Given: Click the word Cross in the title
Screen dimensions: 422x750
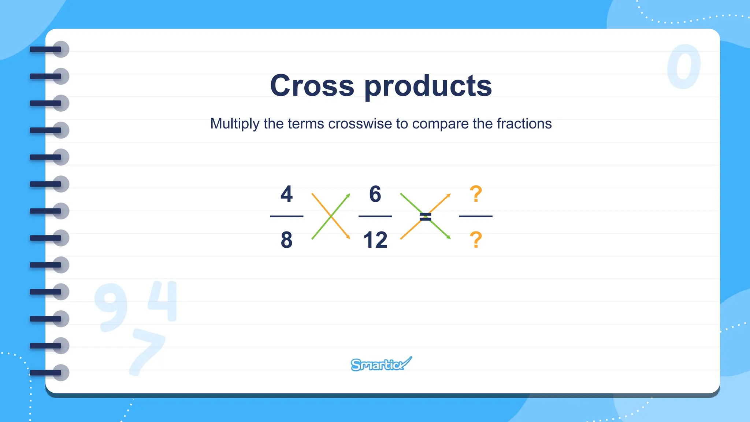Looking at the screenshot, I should pyautogui.click(x=312, y=85).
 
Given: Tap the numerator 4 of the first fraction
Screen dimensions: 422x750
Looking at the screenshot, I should pyautogui.click(x=286, y=194).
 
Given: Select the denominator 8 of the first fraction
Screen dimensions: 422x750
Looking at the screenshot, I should pyautogui.click(x=286, y=240).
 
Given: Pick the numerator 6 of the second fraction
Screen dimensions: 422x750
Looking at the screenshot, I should pyautogui.click(x=375, y=194).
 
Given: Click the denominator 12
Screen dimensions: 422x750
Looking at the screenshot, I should pyautogui.click(x=375, y=240).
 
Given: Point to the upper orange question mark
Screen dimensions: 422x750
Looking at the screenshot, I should pyautogui.click(x=476, y=194).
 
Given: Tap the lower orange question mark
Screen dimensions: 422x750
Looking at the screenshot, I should pyautogui.click(x=476, y=240).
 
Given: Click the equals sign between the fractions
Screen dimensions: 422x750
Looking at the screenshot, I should pyautogui.click(x=425, y=216).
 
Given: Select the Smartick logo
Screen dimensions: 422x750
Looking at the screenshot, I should pyautogui.click(x=380, y=364).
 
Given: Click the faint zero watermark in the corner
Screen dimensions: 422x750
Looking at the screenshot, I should pyautogui.click(x=683, y=66).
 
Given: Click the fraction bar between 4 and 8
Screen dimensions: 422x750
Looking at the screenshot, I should pyautogui.click(x=286, y=216).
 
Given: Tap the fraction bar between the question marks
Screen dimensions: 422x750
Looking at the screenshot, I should pyautogui.click(x=476, y=216).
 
